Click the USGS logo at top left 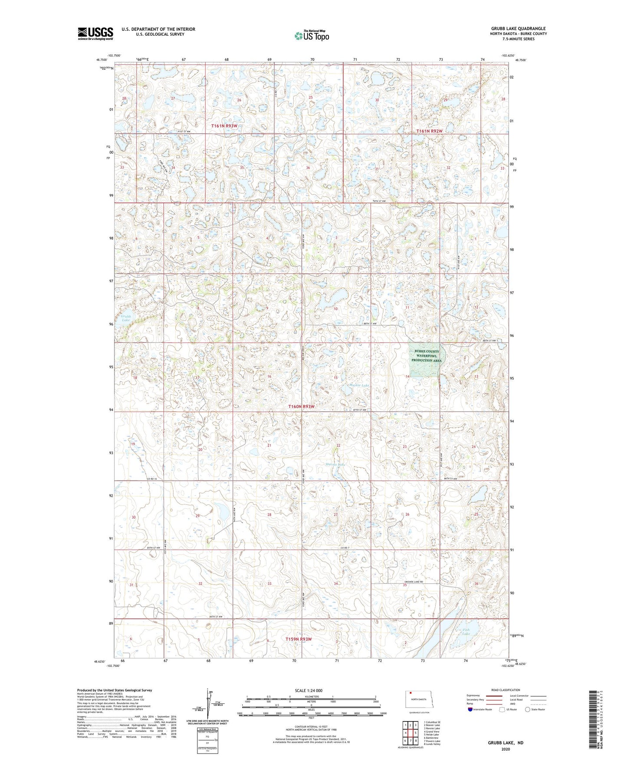tap(95, 33)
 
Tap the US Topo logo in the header tap(312, 36)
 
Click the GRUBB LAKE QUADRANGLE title tap(518, 28)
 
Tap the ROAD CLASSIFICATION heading tap(506, 690)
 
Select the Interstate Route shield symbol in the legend tap(471, 709)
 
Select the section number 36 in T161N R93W tap(308, 168)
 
